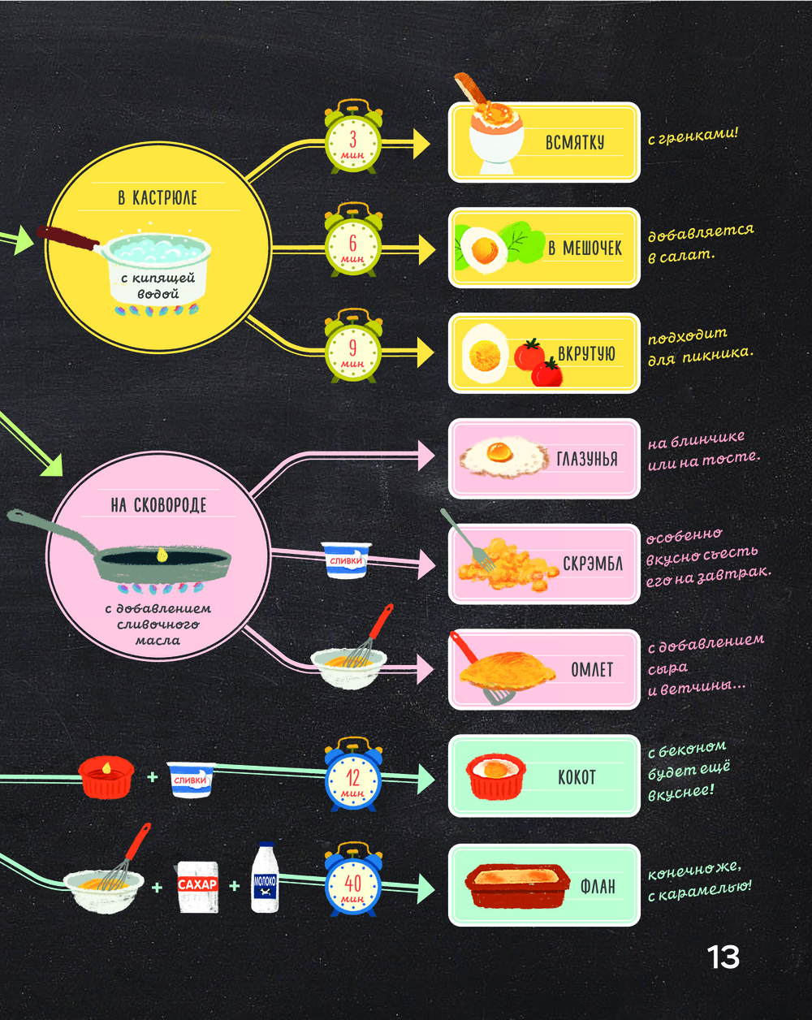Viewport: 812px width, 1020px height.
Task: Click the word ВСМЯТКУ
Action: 575,143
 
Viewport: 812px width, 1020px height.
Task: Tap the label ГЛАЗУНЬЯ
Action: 587,459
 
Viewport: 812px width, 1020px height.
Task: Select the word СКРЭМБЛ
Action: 593,564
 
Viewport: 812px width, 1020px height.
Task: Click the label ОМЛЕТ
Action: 592,670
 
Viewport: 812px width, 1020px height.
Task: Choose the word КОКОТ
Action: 577,777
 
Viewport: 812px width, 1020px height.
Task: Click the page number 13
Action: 723,957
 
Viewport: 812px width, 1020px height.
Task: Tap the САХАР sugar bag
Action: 197,886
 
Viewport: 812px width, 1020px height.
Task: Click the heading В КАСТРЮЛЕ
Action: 158,197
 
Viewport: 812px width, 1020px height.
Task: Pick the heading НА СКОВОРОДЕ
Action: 158,505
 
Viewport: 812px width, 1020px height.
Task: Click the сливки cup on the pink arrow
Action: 347,560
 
